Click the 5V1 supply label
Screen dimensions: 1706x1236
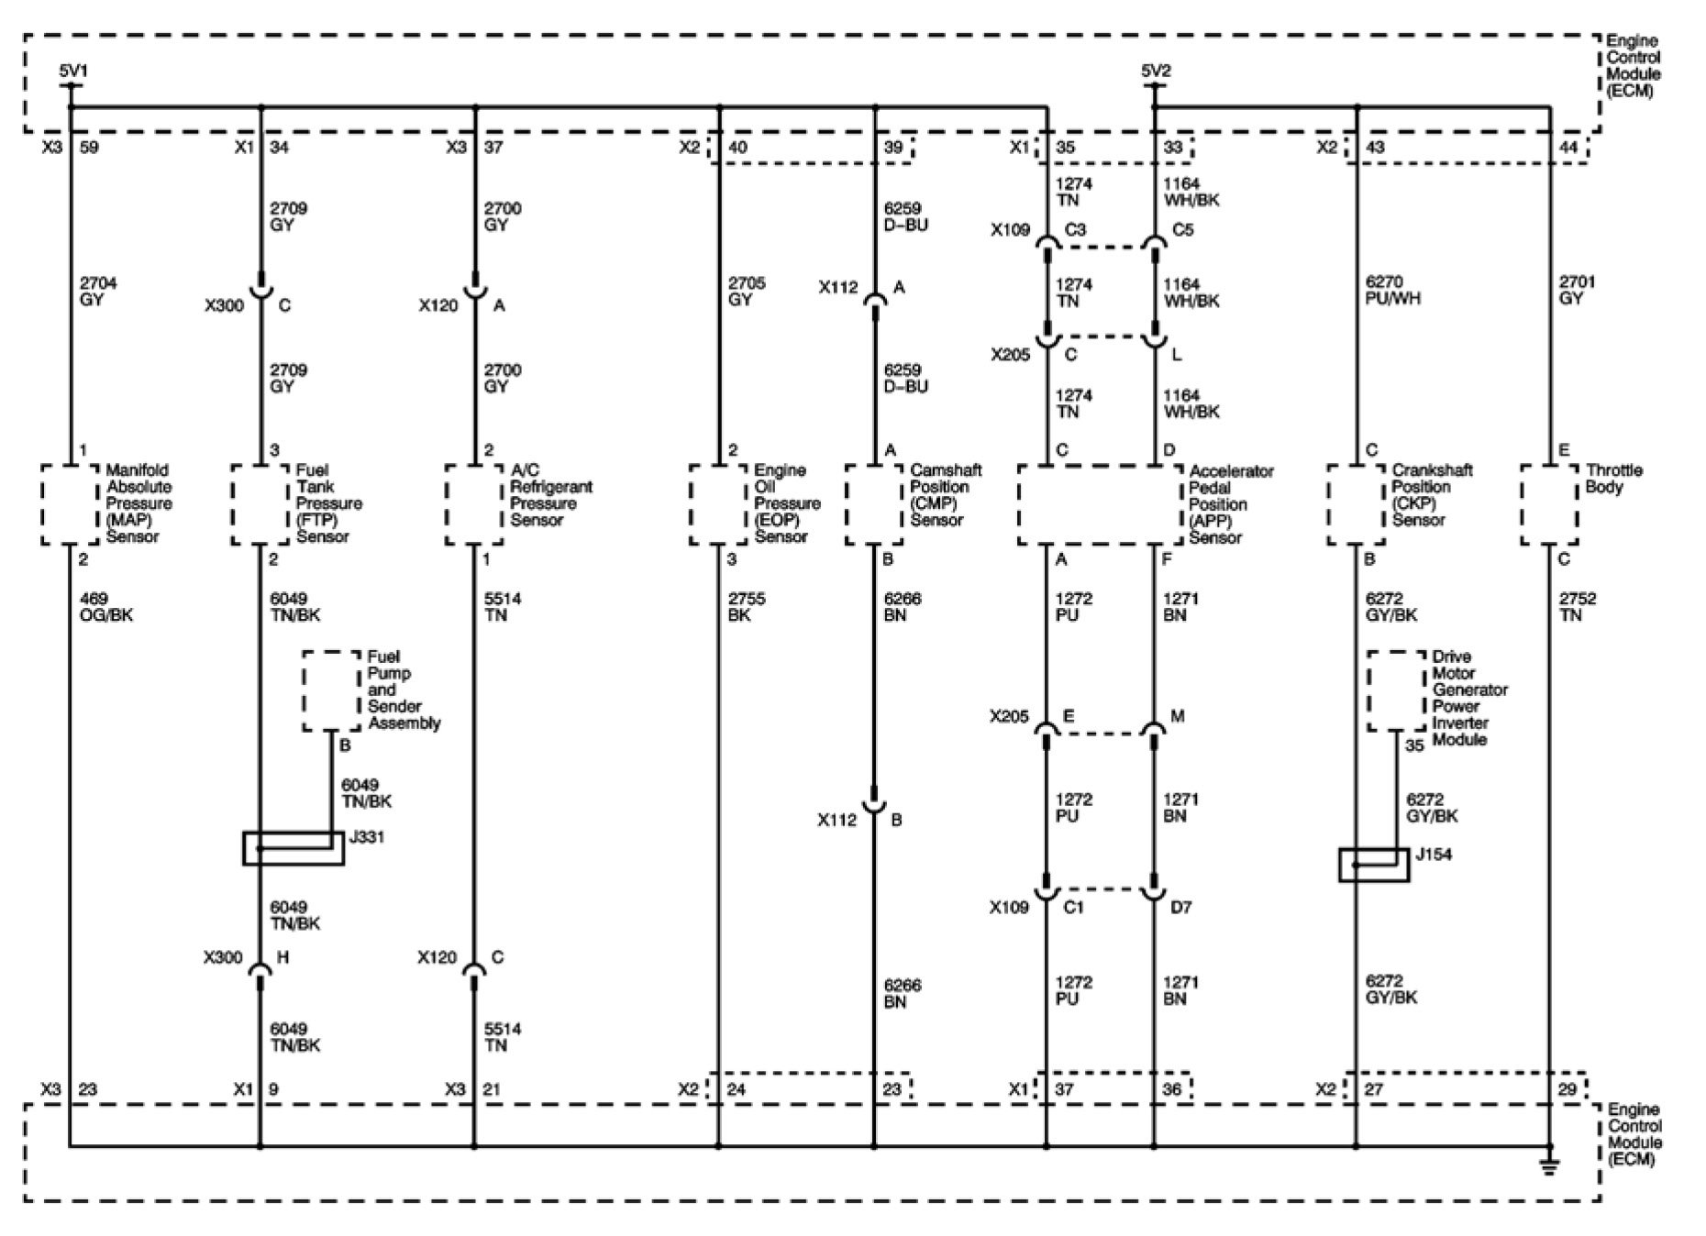tap(73, 71)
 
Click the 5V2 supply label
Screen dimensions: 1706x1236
tap(1156, 71)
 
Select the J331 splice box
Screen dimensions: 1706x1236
tap(294, 848)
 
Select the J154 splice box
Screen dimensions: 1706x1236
tap(1373, 865)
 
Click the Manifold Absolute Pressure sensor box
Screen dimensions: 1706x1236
tap(70, 504)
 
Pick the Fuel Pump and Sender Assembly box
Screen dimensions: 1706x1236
tap(331, 691)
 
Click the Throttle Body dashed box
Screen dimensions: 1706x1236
tap(1549, 504)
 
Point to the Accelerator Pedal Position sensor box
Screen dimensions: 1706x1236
tap(1101, 504)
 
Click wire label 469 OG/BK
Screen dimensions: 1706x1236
tap(106, 607)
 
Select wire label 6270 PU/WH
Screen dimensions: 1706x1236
tap(1392, 291)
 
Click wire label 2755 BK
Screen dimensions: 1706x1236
tap(746, 607)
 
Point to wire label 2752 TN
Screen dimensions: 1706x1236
tap(1577, 607)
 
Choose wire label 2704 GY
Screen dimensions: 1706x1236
tap(97, 292)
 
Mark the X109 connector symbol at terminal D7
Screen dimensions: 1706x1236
tap(1154, 890)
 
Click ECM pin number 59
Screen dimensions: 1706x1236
tap(90, 147)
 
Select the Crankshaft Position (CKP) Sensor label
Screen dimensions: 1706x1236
tap(1431, 495)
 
